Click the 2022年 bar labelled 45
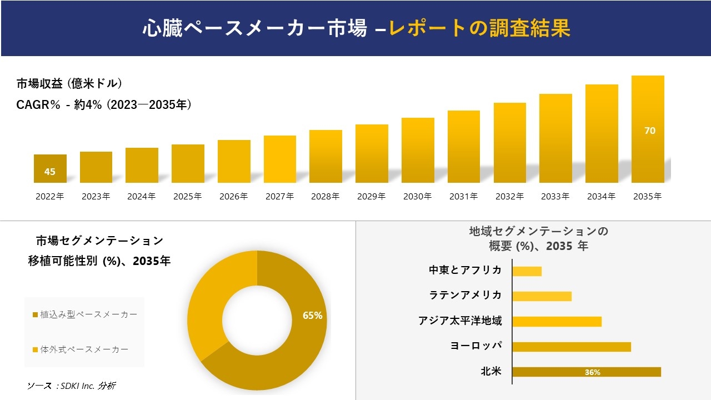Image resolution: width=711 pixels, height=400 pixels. tap(50, 168)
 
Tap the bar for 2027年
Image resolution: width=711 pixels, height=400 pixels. tap(280, 159)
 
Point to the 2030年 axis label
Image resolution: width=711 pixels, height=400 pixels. tap(417, 196)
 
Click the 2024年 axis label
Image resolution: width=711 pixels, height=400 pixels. tap(141, 196)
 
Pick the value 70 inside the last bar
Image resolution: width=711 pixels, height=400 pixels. tap(649, 131)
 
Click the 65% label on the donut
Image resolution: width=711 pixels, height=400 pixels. tap(312, 316)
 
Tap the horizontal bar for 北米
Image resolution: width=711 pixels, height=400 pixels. tap(586, 372)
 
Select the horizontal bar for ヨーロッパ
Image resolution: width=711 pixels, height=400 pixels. tap(571, 347)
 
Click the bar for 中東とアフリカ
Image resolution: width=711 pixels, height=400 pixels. tap(527, 271)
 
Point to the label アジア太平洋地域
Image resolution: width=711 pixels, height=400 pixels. tap(460, 321)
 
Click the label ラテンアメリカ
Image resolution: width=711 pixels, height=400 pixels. tap(465, 295)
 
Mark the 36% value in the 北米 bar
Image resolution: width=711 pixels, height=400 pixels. tap(592, 372)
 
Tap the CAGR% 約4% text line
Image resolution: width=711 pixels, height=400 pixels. tap(104, 104)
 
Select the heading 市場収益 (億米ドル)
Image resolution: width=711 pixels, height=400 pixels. tap(69, 84)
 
